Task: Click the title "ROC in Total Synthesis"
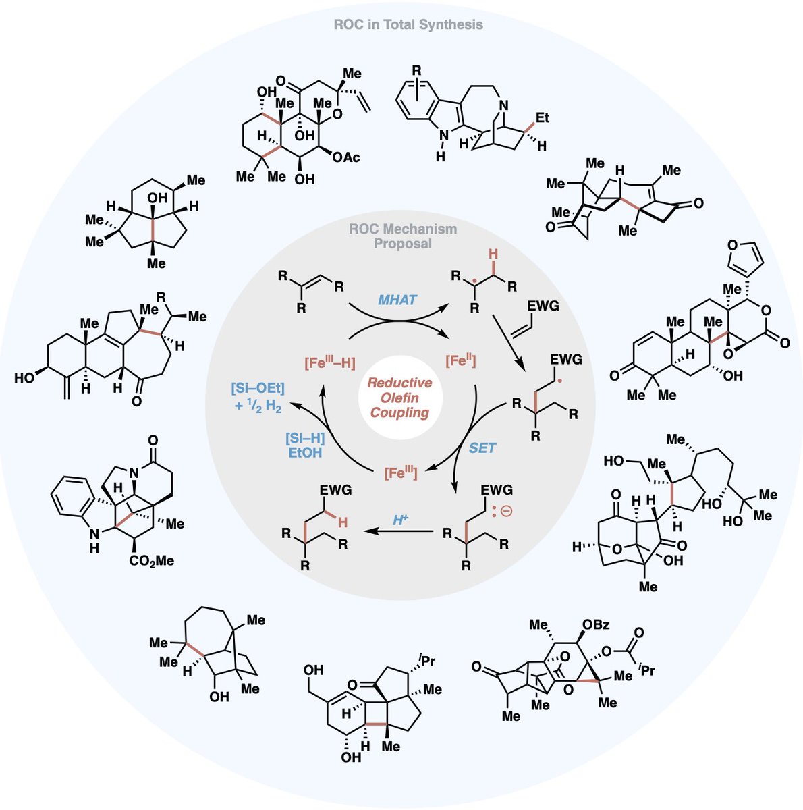coord(408,25)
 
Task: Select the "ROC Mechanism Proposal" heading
coord(403,236)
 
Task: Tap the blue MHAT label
coord(397,299)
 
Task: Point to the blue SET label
coord(482,448)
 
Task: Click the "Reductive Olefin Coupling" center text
coord(399,398)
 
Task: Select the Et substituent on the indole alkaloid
coord(542,118)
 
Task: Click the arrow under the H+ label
coord(398,532)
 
